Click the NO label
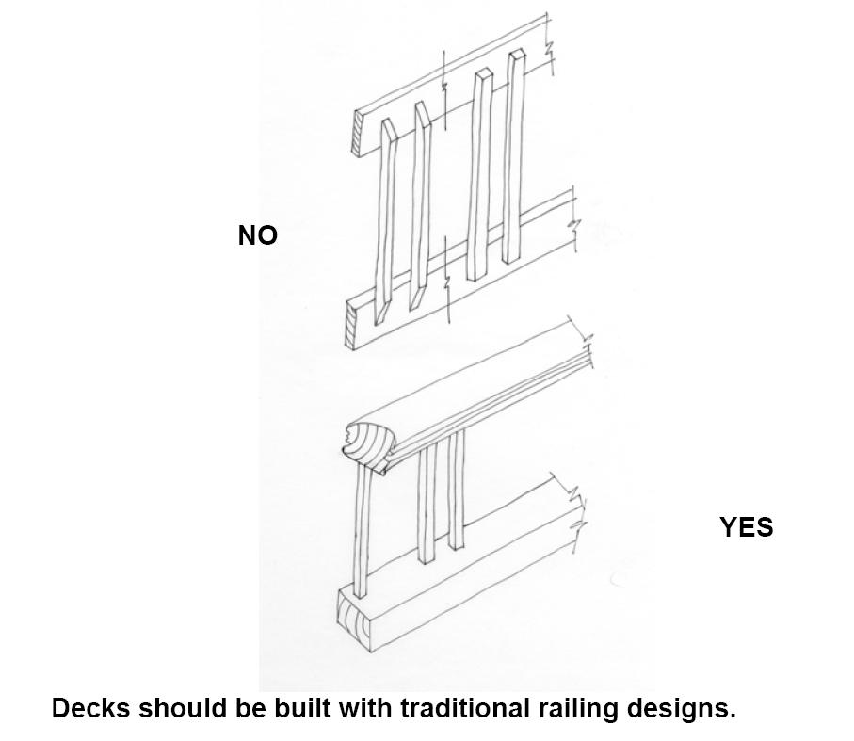[x=257, y=235]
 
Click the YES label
[x=746, y=527]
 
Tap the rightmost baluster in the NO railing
[x=513, y=155]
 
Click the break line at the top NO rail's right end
[x=551, y=46]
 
